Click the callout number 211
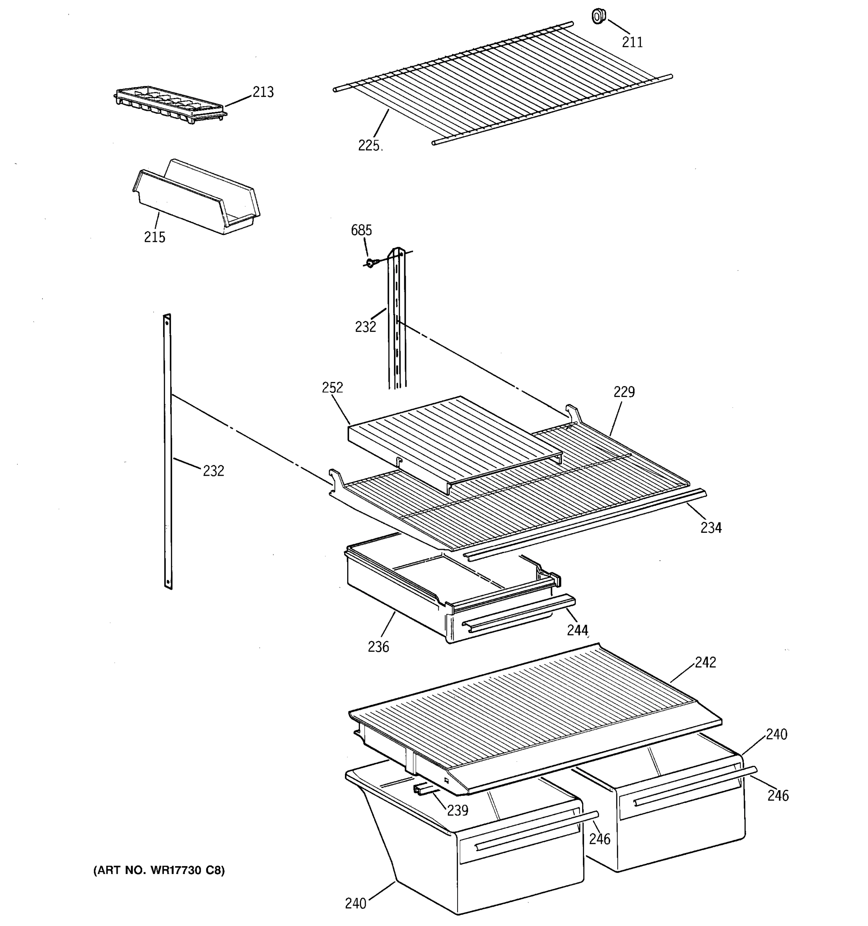tap(632, 42)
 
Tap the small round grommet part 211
tap(598, 17)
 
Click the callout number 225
tap(369, 146)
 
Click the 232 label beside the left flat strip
tap(213, 471)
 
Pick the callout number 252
tap(332, 387)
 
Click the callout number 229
tap(623, 392)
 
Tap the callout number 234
tap(711, 528)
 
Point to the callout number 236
tap(378, 647)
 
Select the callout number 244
tap(578, 630)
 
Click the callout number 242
tap(705, 662)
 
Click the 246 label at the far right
tap(778, 796)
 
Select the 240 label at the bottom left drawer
tap(355, 904)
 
